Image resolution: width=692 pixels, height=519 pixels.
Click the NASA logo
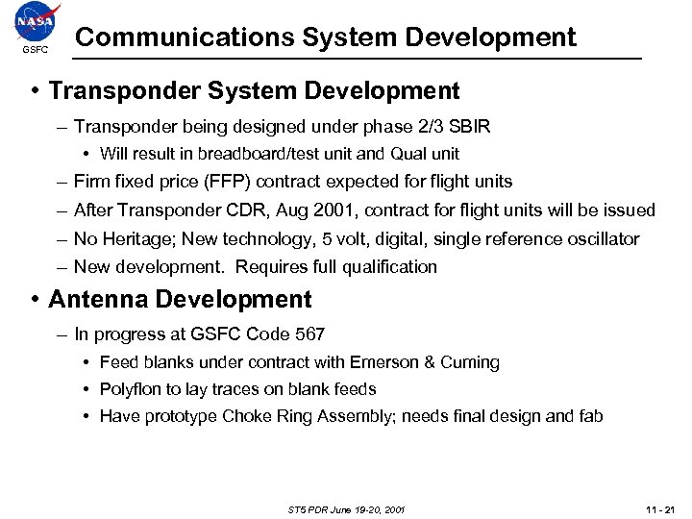[36, 21]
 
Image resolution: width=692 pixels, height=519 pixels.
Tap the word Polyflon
[131, 389]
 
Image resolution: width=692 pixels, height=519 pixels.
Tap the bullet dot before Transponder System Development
[35, 91]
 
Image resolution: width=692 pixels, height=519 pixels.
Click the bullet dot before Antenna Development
[35, 300]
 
